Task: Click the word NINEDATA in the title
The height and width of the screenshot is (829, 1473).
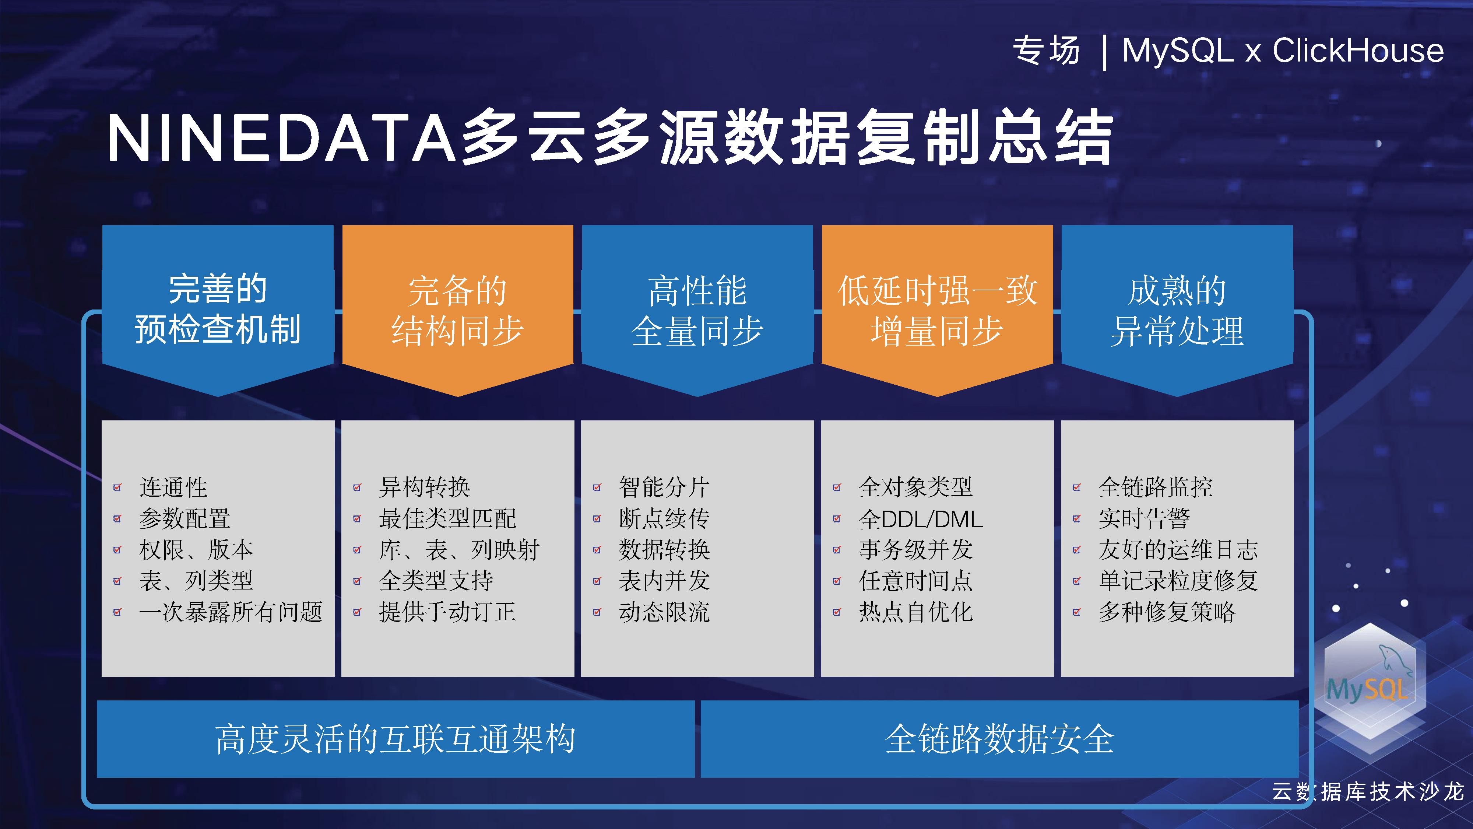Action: coord(281,139)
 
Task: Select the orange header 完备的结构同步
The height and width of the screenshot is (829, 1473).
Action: coord(457,310)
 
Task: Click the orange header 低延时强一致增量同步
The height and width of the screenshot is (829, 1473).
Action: coord(937,310)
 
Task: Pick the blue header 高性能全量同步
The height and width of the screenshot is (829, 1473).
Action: coord(697,310)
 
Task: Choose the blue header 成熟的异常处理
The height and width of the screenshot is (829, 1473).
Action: coord(1177,310)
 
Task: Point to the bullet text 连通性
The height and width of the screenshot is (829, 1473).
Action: coord(173,487)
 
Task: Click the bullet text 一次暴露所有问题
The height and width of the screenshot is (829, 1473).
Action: coord(231,612)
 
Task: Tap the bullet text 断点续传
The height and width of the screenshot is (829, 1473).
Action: coord(664,518)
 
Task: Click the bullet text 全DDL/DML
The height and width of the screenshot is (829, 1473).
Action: coord(921,519)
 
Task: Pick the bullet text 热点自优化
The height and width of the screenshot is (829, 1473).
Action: coord(915,612)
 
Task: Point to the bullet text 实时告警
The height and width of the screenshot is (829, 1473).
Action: coord(1144,518)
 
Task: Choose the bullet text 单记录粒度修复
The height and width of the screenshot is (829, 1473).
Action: coord(1178,581)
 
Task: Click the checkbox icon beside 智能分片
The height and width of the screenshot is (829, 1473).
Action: coord(597,487)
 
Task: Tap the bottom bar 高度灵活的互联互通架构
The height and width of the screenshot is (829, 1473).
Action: coord(396,739)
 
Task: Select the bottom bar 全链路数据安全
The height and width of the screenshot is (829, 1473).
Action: coord(999,739)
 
